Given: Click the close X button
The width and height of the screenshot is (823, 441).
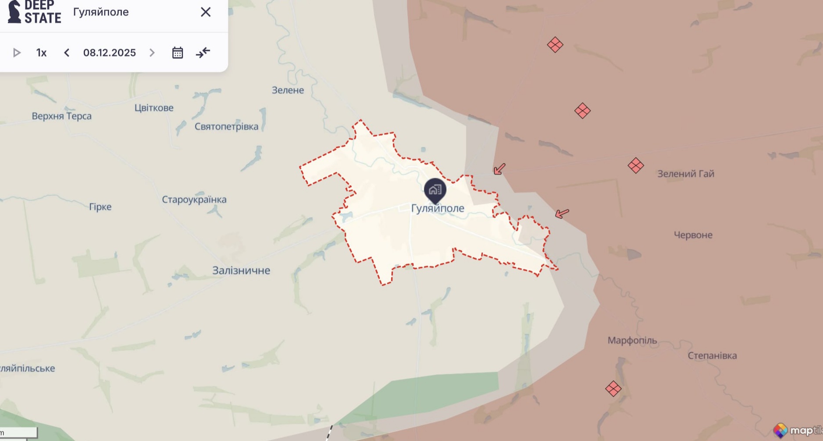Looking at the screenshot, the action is tap(206, 12).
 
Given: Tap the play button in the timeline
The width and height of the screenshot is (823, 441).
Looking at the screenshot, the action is tap(17, 53).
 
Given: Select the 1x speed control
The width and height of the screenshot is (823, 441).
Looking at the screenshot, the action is tap(41, 53).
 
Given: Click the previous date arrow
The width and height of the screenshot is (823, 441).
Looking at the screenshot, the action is tap(67, 53).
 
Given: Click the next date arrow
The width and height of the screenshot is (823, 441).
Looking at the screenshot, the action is tap(152, 53).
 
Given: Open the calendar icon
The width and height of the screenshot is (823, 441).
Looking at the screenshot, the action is tap(178, 53).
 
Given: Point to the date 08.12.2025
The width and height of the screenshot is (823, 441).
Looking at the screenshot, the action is tap(110, 53).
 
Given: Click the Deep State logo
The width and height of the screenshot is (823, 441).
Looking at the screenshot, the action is tap(34, 12).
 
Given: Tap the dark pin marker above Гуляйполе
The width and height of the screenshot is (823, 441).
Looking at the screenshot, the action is tap(435, 190).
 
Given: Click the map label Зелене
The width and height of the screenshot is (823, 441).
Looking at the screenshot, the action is tap(288, 90).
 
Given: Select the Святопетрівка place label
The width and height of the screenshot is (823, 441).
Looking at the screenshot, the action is tap(226, 127).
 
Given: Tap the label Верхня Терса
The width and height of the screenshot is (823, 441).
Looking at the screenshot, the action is tap(61, 116).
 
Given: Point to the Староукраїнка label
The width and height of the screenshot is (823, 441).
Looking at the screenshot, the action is tap(194, 200).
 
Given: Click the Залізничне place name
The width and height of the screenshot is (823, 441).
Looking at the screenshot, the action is tap(241, 270).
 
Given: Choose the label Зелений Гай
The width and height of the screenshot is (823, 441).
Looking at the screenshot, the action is tap(686, 174).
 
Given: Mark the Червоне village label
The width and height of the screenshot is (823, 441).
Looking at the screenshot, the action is tap(693, 235).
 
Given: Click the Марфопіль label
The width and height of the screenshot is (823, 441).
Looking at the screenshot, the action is tap(632, 341).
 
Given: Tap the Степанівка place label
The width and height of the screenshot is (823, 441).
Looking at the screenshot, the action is tap(712, 356).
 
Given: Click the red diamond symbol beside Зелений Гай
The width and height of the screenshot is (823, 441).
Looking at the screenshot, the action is tap(635, 166).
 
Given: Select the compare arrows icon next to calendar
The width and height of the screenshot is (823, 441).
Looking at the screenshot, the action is tap(203, 53).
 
